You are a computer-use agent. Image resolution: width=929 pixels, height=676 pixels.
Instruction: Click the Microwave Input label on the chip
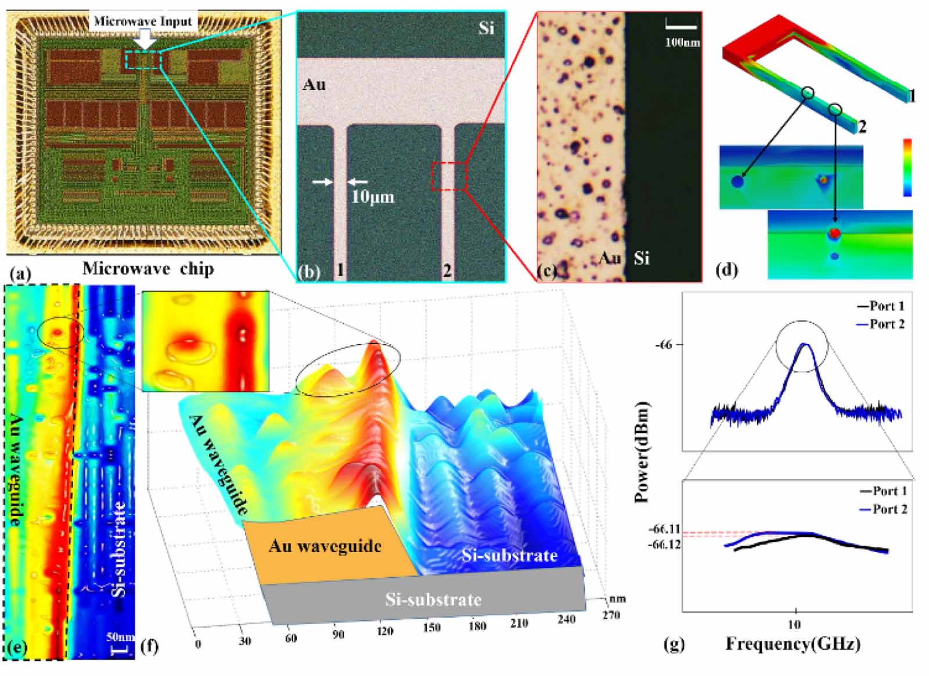point(143,22)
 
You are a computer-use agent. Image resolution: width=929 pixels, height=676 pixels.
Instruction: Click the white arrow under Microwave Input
point(146,41)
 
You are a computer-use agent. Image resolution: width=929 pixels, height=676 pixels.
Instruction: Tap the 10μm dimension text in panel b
point(373,196)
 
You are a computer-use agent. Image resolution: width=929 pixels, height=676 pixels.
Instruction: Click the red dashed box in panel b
point(449,177)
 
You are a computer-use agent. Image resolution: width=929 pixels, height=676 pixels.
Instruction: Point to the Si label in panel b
point(486,27)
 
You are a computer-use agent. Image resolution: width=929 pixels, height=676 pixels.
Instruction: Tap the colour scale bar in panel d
point(907,167)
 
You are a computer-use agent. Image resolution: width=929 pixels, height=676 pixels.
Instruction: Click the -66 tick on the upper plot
point(663,345)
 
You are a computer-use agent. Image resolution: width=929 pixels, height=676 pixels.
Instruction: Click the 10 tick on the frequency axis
point(794,624)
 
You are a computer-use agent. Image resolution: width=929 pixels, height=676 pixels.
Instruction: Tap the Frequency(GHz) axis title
point(793,643)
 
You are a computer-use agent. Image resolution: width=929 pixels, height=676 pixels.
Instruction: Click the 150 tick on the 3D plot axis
point(431,628)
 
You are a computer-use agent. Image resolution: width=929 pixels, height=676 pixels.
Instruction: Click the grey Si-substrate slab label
point(433,599)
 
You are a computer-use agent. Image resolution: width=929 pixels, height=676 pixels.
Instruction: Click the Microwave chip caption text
point(148,269)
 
